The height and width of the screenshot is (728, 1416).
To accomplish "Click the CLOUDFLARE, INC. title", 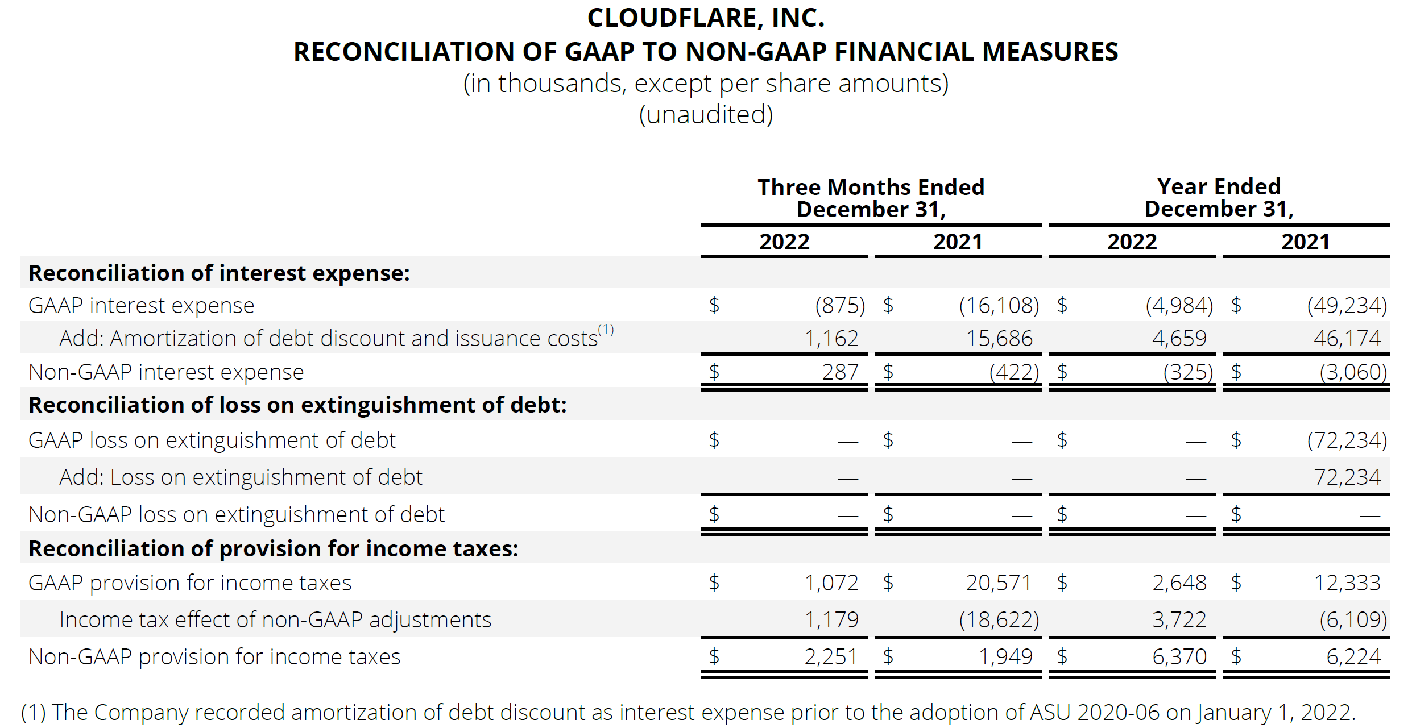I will [706, 18].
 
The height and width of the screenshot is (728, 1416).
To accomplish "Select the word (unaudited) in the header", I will [706, 115].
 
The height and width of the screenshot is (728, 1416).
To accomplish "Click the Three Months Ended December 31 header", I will [871, 198].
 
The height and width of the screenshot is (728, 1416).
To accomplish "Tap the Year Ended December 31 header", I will [1219, 197].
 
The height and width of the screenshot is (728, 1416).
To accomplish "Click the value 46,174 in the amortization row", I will [1347, 339].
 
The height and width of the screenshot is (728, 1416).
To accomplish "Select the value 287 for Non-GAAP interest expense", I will [840, 372].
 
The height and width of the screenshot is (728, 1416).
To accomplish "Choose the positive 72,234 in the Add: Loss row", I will [1347, 477].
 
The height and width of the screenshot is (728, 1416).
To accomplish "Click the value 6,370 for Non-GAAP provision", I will [1179, 657].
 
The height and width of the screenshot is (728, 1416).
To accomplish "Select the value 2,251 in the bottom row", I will [830, 657].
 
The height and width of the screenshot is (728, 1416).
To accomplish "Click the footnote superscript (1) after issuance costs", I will [606, 330].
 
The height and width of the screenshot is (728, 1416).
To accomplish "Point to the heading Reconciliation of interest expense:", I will [219, 273].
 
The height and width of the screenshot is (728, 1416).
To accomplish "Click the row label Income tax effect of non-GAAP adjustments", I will [275, 620].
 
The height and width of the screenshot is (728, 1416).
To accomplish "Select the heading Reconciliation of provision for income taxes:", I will [274, 549].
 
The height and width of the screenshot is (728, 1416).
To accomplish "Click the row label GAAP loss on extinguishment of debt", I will [212, 440].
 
